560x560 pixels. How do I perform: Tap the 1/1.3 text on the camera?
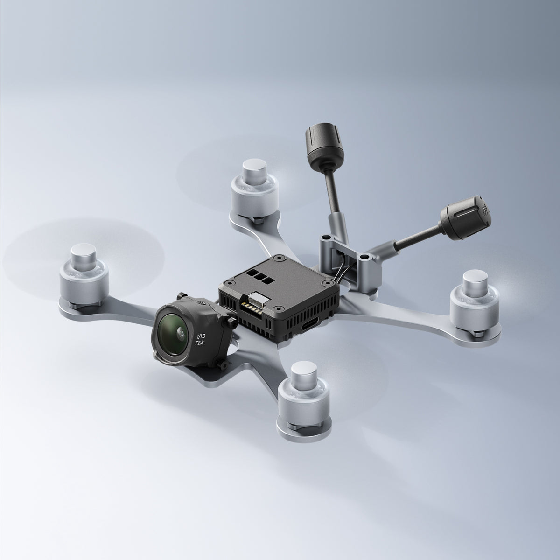point(201,336)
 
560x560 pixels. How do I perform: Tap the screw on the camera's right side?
point(232,322)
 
